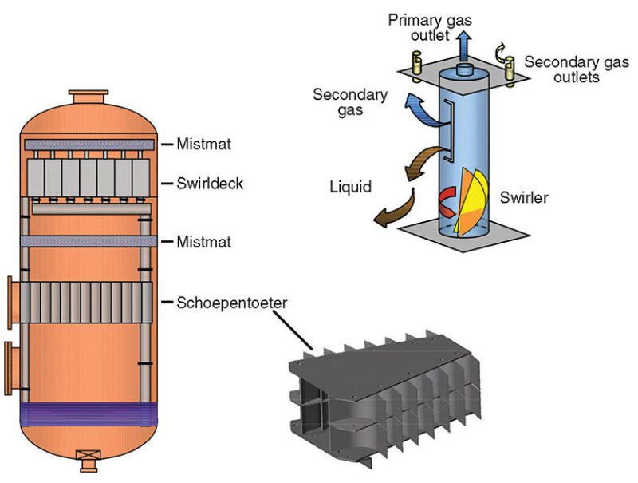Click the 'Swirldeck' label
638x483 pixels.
tap(211, 184)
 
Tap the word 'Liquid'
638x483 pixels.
tap(351, 188)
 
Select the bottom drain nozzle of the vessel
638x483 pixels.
tap(86, 458)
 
